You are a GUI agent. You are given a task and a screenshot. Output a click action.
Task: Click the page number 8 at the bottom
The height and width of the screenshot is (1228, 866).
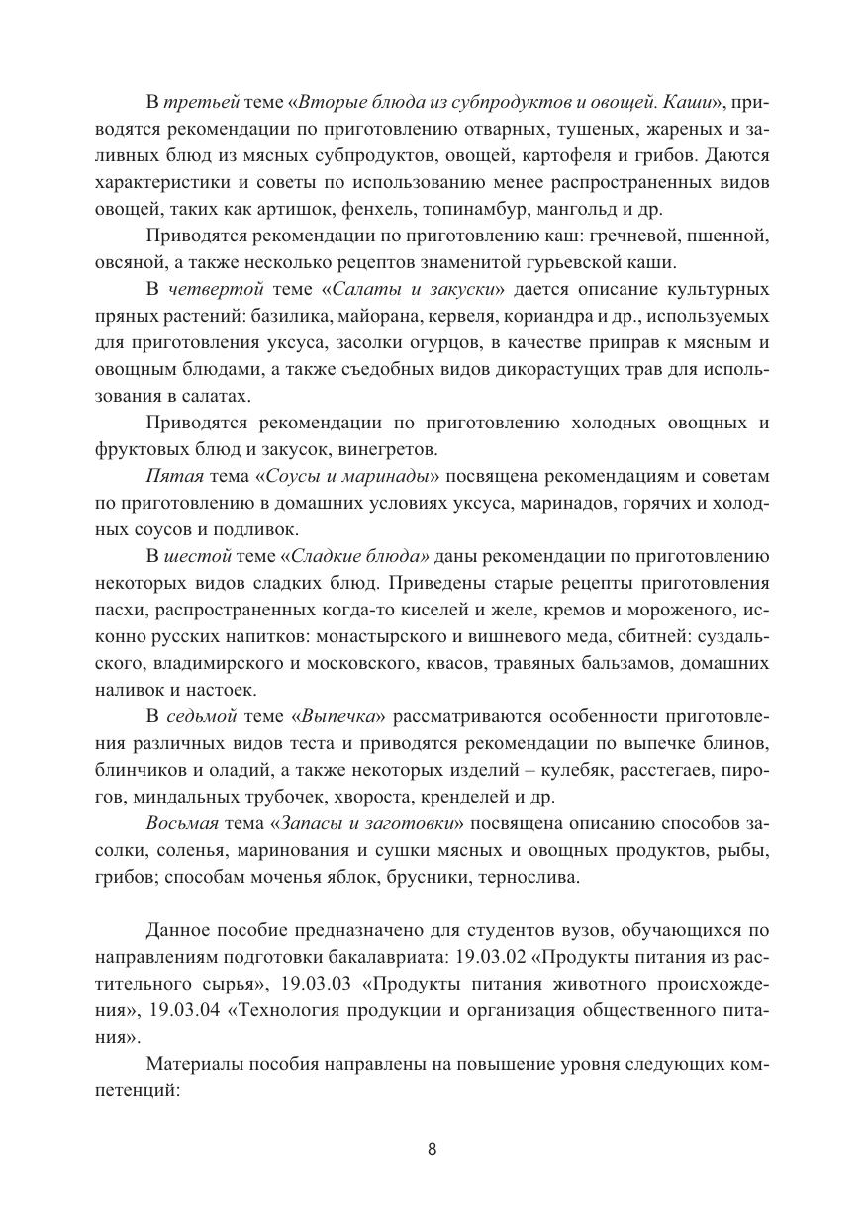(433, 1149)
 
